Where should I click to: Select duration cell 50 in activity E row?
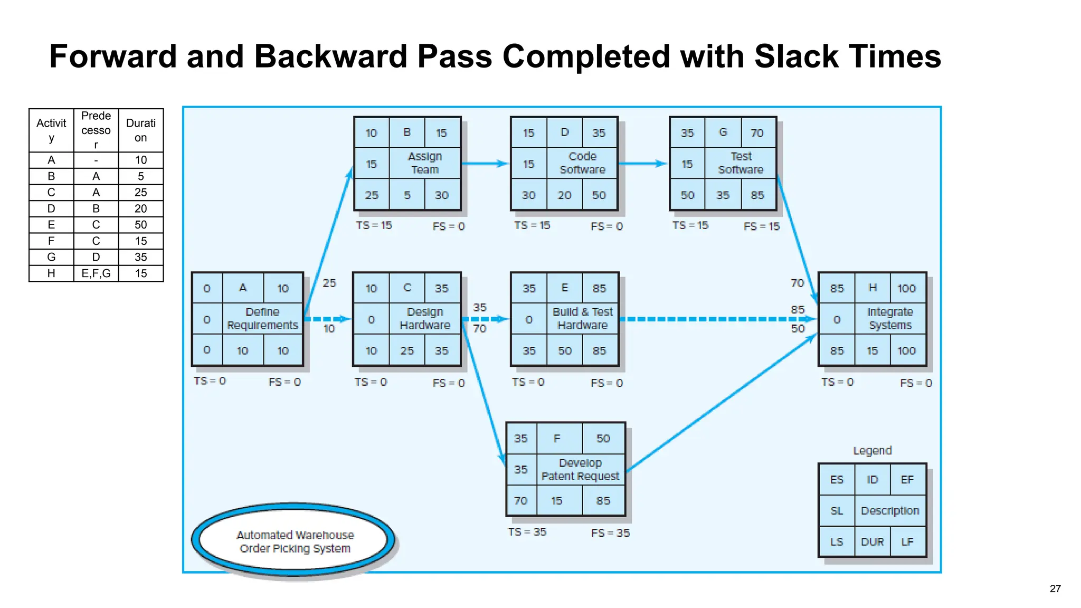tap(140, 225)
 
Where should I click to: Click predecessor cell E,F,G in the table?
tap(96, 273)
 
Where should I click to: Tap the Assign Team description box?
tap(425, 163)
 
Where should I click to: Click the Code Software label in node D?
tap(582, 163)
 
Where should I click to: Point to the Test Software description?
tap(741, 163)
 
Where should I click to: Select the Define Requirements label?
tap(262, 319)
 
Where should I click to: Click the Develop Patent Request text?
tap(580, 470)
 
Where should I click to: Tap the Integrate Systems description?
tap(890, 319)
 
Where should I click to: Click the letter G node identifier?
tap(723, 132)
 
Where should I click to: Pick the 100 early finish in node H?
tap(906, 289)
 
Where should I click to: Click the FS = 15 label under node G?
tap(761, 226)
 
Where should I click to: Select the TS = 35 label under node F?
tap(527, 532)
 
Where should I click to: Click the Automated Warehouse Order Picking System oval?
tap(295, 541)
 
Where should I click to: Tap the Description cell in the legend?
tap(889, 511)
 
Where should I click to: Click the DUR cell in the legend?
tap(872, 542)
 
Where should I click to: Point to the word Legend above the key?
tap(872, 451)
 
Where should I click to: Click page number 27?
tap(1055, 589)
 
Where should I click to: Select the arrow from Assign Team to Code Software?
tap(484, 164)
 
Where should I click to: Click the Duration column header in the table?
tap(140, 130)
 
